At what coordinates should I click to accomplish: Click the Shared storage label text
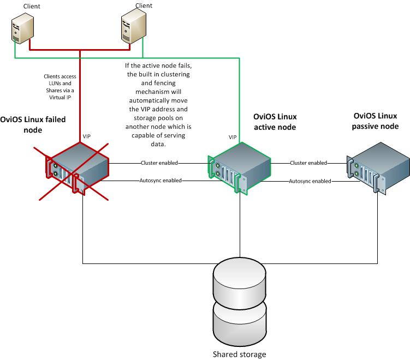click(240, 354)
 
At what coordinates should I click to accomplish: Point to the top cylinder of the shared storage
click(240, 278)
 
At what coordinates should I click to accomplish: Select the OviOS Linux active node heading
click(275, 122)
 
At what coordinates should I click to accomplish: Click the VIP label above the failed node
click(87, 136)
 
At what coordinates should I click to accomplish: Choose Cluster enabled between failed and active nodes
click(159, 163)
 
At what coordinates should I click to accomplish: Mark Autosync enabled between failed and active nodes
click(161, 180)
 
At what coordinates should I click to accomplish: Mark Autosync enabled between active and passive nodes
click(310, 180)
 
